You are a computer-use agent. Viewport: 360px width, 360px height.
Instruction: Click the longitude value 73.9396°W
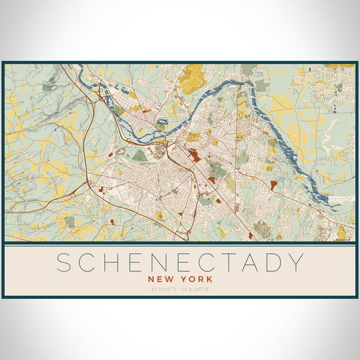197,289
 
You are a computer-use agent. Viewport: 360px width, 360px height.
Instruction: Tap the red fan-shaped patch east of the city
273,185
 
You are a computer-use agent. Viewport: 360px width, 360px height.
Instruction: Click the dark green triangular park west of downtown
139,156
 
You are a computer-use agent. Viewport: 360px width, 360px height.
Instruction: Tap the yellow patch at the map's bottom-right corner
341,233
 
